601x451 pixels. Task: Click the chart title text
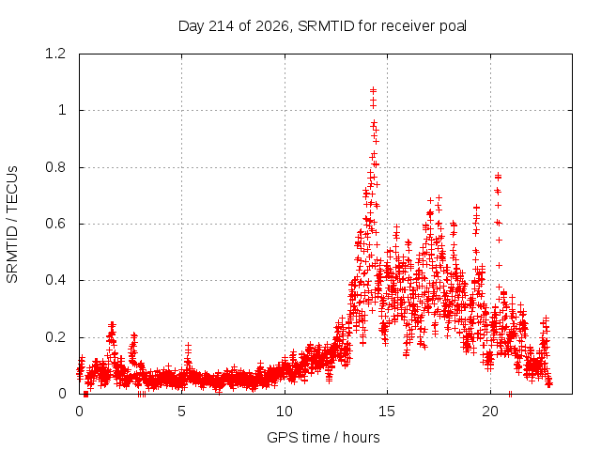click(x=322, y=26)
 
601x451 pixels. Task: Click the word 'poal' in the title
click(x=454, y=26)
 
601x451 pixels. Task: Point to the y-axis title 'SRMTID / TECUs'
click(x=12, y=225)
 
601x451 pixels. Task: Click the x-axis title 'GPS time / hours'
click(x=323, y=437)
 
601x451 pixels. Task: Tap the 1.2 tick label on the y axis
click(x=55, y=54)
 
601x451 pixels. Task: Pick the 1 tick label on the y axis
click(x=62, y=111)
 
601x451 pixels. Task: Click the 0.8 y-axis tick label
click(x=55, y=167)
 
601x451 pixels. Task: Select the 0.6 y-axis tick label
click(x=55, y=224)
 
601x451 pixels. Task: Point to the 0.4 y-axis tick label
click(x=55, y=280)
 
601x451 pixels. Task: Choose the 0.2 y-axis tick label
click(x=55, y=337)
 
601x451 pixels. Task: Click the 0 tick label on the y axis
click(x=62, y=394)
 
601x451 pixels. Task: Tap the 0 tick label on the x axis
click(x=79, y=412)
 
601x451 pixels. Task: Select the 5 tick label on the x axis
click(x=181, y=412)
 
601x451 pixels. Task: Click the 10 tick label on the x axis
click(x=285, y=412)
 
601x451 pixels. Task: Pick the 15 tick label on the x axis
click(x=387, y=412)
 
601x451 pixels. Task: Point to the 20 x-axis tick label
click(x=490, y=412)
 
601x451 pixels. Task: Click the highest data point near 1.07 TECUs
click(x=373, y=90)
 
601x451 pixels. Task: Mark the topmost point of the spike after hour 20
click(x=498, y=176)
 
